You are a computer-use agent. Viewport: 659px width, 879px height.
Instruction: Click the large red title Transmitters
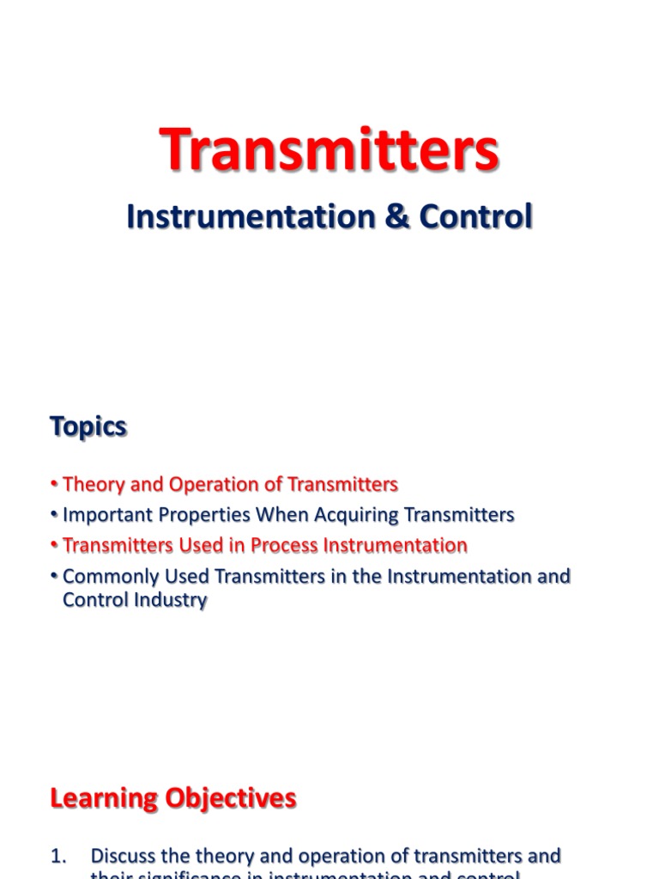(329, 149)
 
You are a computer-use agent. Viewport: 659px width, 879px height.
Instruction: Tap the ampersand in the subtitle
(396, 216)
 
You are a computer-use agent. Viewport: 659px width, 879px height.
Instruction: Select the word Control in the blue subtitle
(476, 216)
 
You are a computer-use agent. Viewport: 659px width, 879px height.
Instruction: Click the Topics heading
(88, 427)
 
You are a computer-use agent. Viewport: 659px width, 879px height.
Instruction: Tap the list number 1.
(58, 856)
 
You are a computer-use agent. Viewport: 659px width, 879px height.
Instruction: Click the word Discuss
(122, 856)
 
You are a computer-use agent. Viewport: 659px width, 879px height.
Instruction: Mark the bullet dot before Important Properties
(54, 516)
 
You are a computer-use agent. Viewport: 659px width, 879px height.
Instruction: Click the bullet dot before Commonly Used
(54, 577)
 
